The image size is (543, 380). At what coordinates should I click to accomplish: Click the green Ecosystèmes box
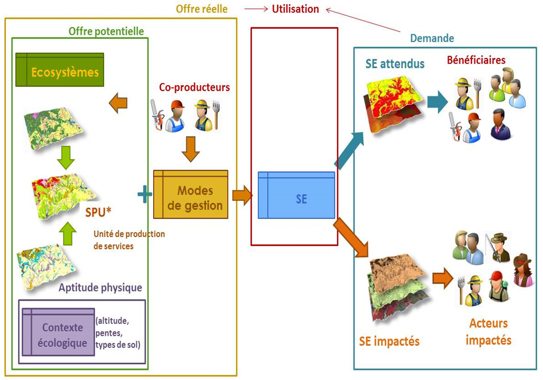point(60,70)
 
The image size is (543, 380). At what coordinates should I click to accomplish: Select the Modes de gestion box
point(191,194)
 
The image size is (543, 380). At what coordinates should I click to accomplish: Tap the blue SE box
point(296,195)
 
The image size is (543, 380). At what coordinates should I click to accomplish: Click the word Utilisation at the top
point(295,9)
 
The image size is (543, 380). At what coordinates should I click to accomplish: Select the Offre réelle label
point(201,9)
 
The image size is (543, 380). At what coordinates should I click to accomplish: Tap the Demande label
point(432,38)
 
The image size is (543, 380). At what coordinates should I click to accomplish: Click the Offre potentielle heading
point(106,31)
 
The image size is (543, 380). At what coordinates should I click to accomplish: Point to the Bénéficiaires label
point(475,60)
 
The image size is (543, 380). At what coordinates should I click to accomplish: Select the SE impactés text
point(389,341)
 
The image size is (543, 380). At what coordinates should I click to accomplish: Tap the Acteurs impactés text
point(488,331)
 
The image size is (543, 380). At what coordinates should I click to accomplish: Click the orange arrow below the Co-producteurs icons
point(191,152)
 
